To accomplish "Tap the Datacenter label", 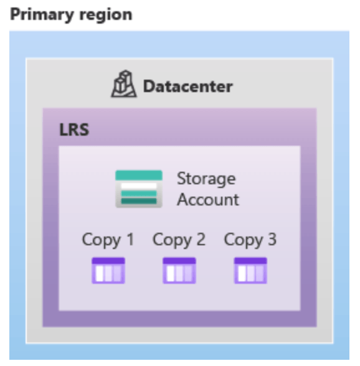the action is pos(188,87).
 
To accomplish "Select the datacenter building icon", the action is pos(124,83).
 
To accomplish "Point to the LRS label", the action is pos(74,129).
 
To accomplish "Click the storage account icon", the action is pos(139,189).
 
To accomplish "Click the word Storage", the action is pos(206,179).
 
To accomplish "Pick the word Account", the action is pos(208,200).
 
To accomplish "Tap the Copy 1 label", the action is pos(108,240).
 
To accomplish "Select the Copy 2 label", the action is pos(179,240).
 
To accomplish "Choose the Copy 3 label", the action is pos(250,240).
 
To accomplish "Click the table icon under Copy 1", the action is pos(108,271).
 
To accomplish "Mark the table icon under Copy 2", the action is pos(179,271).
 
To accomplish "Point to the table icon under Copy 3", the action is pos(250,271).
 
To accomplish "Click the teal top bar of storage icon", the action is pos(139,176).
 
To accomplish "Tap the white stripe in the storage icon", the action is pos(139,186).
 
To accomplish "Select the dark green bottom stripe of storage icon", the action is pos(139,201).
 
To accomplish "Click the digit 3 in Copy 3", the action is pos(272,239).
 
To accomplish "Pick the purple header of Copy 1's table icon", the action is pos(108,260).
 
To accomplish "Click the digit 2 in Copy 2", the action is pos(201,239).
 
